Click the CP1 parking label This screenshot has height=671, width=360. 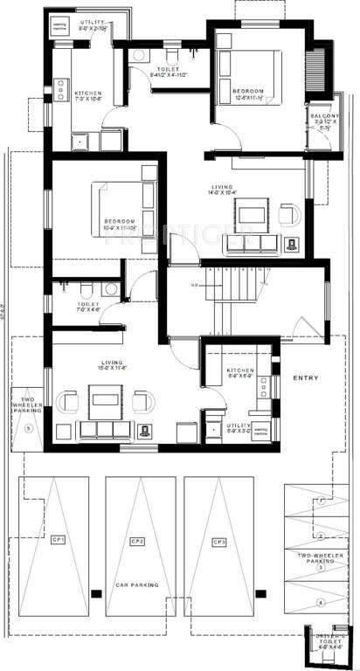click(59, 539)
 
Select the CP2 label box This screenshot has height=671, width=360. click(136, 542)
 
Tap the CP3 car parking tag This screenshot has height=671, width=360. click(218, 542)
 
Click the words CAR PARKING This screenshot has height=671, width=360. click(136, 585)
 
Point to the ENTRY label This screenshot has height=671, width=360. click(307, 378)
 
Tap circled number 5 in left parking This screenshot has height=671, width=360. click(29, 429)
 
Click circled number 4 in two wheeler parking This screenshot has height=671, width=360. click(321, 602)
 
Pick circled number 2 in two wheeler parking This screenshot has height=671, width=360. click(321, 535)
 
